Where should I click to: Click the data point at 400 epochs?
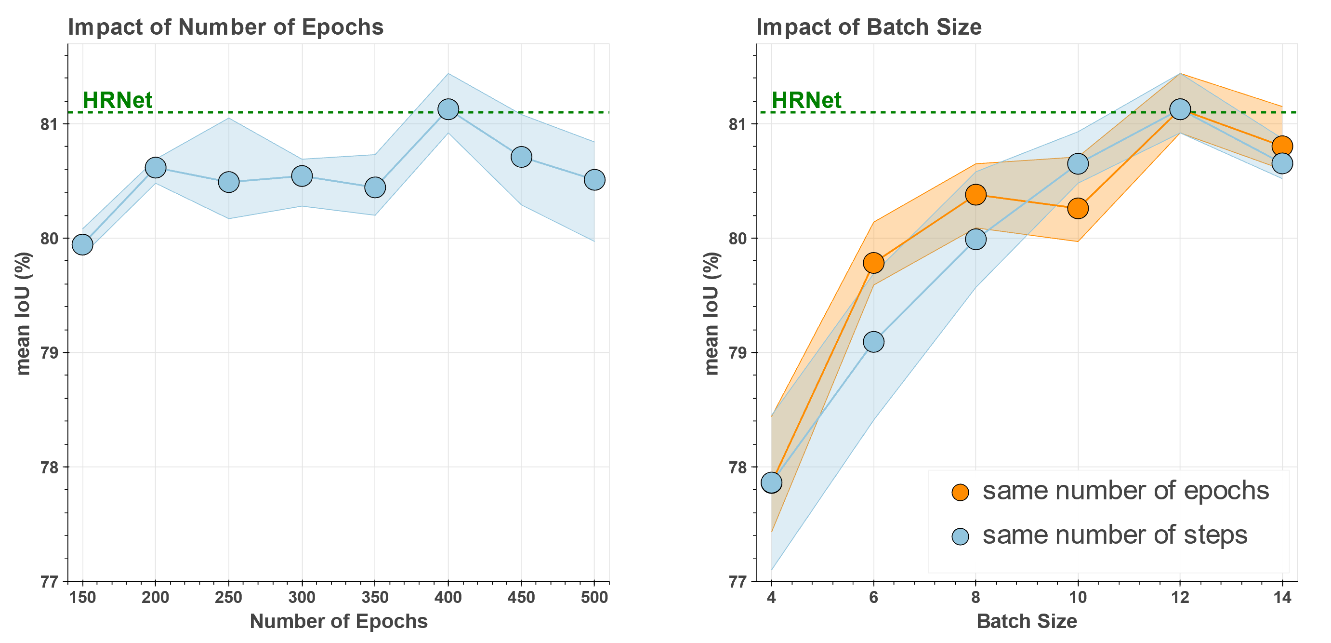coord(448,109)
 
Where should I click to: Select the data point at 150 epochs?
coord(82,244)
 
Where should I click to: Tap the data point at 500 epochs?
coord(594,180)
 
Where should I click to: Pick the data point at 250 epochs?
coord(228,182)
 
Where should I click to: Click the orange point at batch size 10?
coord(1078,208)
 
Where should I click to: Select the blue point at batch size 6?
coord(874,342)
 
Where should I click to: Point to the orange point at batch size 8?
coord(975,195)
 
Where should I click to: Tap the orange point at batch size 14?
coord(1282,146)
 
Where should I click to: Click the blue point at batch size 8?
coord(975,239)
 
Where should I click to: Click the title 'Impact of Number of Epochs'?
coord(226,27)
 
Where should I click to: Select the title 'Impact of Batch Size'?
coord(869,27)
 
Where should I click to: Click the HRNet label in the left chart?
coord(117,100)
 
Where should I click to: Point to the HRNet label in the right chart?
coord(806,100)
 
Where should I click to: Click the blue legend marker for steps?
coord(960,536)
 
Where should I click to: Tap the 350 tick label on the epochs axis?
coord(375,598)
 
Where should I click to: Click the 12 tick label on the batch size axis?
coord(1180,598)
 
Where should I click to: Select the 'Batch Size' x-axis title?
coord(1027,621)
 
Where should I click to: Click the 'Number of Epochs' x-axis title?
coord(339,621)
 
